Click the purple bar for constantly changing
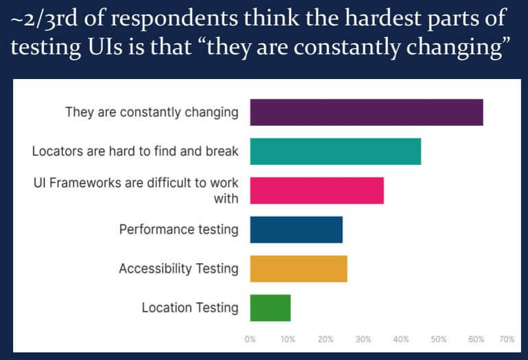pos(366,112)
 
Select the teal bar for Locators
pos(335,151)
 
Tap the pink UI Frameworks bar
pos(317,190)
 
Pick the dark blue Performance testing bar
pos(296,229)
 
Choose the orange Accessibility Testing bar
pos(299,269)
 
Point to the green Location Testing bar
pos(270,308)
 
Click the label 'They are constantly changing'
pos(152,112)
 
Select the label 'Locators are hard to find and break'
pos(135,151)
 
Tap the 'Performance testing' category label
pos(179,229)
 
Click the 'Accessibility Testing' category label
pos(179,269)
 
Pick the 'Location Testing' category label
pos(190,308)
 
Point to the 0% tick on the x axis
pos(251,339)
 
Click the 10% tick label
pos(288,339)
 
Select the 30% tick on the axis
pos(363,339)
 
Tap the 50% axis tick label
pos(439,339)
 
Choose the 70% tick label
pos(507,339)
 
